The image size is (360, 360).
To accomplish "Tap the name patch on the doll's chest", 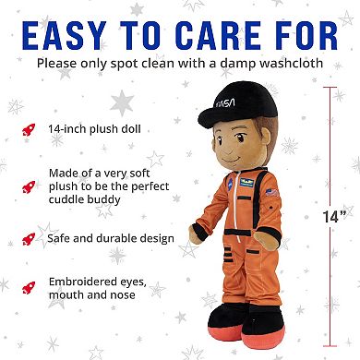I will tap(241, 187).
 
